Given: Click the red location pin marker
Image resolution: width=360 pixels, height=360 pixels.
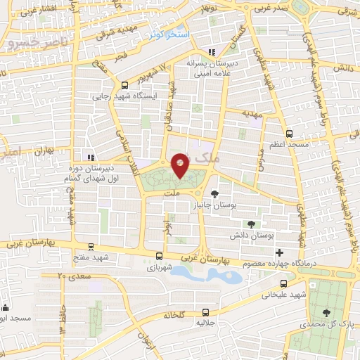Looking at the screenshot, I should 180,165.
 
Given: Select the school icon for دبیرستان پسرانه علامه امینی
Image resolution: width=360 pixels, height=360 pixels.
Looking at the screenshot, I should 212,51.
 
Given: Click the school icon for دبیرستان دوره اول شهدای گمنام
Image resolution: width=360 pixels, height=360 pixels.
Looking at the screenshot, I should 89,157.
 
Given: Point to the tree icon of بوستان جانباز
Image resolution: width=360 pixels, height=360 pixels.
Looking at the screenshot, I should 214,193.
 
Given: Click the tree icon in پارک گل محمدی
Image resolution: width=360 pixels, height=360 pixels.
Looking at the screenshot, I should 326,313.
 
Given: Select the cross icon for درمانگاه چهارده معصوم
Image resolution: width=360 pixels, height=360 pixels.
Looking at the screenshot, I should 280,252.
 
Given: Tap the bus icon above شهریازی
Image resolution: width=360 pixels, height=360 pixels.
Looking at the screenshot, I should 160,257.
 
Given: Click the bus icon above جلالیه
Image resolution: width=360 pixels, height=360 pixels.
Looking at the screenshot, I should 205,311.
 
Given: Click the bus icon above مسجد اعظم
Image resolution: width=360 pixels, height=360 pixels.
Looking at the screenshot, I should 289,133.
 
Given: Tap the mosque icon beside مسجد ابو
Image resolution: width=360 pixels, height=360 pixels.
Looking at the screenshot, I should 6,307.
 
